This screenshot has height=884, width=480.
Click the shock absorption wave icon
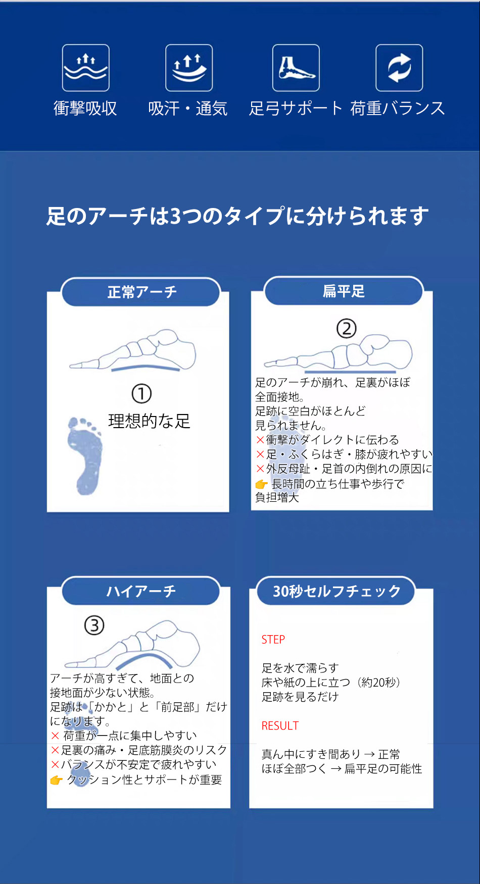pos(85,68)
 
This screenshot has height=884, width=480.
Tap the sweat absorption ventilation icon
pos(189,68)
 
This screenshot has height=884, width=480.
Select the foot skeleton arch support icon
pos(296,68)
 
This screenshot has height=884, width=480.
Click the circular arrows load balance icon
pos(399,68)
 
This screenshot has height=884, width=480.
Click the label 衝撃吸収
pos(85,109)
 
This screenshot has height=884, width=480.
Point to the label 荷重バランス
pos(398,109)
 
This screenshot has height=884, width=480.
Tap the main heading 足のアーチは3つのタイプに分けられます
pos(237,216)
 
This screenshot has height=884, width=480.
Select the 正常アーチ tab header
pos(141,292)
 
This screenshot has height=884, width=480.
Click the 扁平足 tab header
pos(344,291)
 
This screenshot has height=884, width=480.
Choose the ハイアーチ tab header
pos(141,591)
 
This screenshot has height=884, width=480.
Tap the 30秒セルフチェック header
pos(336,591)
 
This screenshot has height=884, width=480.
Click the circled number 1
pos(141,394)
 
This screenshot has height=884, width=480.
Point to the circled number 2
pos(347,329)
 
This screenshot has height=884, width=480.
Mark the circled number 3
pos(94,626)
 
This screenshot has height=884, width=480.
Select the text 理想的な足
pos(149,421)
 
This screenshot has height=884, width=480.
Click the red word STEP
pos(273,640)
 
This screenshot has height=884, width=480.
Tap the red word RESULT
pos(280,726)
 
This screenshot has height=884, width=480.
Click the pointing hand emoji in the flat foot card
pos(261,484)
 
